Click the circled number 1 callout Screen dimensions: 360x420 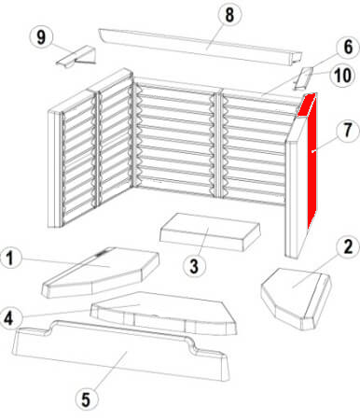(x=10, y=258)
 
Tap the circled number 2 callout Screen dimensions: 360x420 (x=348, y=246)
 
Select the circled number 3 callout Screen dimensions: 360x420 (x=194, y=266)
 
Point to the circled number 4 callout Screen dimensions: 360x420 (x=10, y=317)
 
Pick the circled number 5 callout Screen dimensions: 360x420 (x=86, y=399)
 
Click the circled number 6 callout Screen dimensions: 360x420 (x=348, y=47)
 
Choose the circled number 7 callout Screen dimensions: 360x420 (x=348, y=130)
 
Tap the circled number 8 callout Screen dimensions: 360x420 (x=229, y=15)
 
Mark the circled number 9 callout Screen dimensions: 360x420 (x=41, y=37)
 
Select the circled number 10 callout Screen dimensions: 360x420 (x=343, y=75)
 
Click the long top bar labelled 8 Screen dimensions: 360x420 (x=201, y=47)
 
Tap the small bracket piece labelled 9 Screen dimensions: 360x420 (x=76, y=56)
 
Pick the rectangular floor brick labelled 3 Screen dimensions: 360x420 (x=210, y=231)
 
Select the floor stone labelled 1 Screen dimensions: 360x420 (x=101, y=273)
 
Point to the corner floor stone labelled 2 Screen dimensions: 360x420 (x=297, y=298)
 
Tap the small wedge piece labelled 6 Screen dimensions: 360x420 (x=303, y=78)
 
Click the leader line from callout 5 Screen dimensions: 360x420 (x=109, y=371)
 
